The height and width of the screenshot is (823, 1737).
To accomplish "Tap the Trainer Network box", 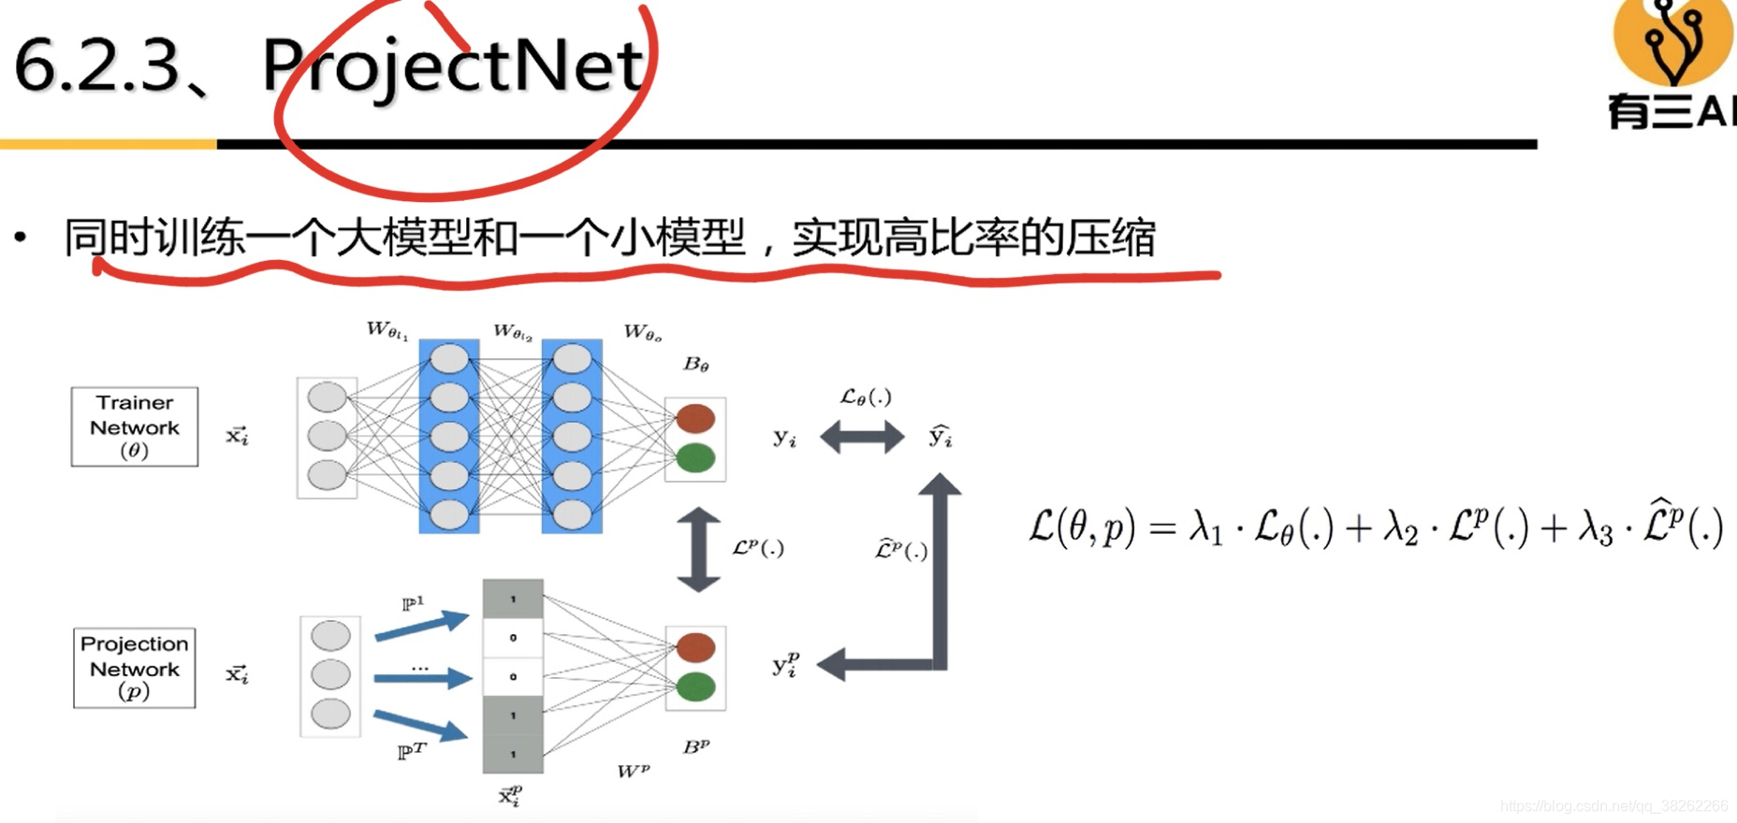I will coord(135,426).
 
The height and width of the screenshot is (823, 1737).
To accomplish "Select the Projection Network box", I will coord(135,668).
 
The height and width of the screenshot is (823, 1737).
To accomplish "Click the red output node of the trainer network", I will coord(695,418).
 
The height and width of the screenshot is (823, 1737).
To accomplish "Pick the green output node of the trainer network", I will coord(695,458).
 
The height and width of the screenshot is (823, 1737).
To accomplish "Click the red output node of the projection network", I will coord(695,647).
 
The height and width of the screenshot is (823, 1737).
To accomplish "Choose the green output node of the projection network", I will coord(695,687).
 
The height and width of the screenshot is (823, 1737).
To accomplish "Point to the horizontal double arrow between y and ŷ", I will coord(862,436).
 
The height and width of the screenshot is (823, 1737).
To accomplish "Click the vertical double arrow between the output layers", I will coord(698,549).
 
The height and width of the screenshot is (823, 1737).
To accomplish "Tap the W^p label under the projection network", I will coord(633,771).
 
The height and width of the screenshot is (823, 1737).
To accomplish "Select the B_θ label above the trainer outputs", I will coord(695,364).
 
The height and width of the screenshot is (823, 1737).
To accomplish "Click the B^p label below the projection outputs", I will coord(695,746).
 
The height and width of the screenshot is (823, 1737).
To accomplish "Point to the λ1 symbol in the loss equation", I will coord(1205,529).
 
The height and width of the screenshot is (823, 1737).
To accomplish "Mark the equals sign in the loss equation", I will coord(1161,529).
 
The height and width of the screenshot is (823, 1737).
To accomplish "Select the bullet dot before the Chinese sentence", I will coord(21,238).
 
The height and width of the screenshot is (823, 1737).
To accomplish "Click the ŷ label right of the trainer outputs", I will coord(940,436).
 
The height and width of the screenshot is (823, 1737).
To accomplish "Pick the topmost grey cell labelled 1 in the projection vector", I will coord(513,599).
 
